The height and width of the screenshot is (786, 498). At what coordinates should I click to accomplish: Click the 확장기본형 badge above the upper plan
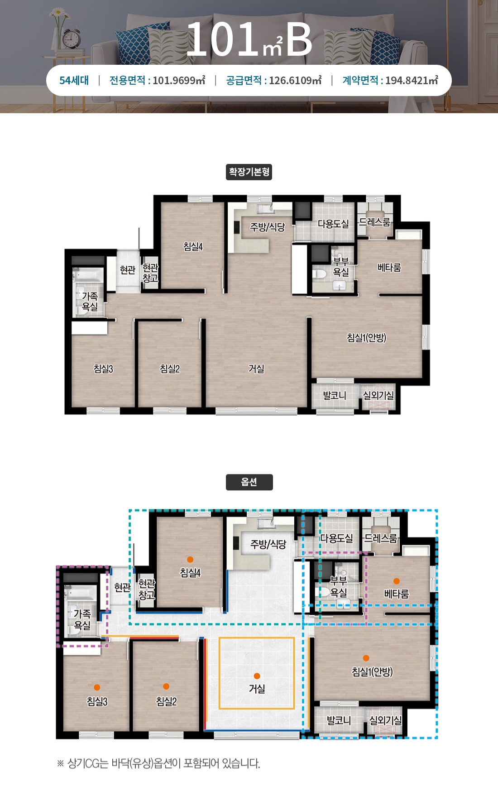coord(249,172)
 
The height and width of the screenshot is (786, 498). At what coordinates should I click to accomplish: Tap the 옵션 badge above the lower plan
coord(249,482)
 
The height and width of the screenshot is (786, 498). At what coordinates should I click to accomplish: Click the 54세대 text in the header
coord(74,81)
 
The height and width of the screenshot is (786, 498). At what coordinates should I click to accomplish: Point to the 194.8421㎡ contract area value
coord(412,81)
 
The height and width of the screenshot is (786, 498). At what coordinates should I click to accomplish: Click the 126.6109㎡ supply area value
coord(295,81)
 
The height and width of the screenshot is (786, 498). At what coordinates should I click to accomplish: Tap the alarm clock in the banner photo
coord(71,39)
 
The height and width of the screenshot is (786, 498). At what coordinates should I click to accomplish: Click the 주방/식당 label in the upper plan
coord(268,227)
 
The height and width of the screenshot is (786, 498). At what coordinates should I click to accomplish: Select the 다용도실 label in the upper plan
coord(334,224)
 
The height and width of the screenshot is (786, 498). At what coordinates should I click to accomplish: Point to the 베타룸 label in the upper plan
coord(389,268)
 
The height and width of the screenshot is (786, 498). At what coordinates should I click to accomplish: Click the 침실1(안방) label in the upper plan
coord(367,338)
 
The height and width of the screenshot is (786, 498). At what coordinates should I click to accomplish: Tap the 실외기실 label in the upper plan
coord(378,395)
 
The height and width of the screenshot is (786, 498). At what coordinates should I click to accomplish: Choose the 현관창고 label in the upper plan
coord(150,273)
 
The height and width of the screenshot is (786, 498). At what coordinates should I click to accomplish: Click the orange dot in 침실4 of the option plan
coord(190,560)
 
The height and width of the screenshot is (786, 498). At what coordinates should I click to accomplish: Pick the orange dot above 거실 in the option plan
coord(257,676)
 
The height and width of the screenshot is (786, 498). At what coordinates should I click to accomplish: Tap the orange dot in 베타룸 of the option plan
coord(397,581)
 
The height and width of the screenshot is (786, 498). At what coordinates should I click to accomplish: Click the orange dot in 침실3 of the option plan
coord(97,687)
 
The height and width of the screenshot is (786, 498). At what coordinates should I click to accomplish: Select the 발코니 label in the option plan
coord(339,720)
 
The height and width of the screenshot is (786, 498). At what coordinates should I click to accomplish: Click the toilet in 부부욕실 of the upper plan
coord(320,274)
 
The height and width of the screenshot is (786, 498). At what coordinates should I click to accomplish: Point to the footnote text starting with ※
coord(158,764)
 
